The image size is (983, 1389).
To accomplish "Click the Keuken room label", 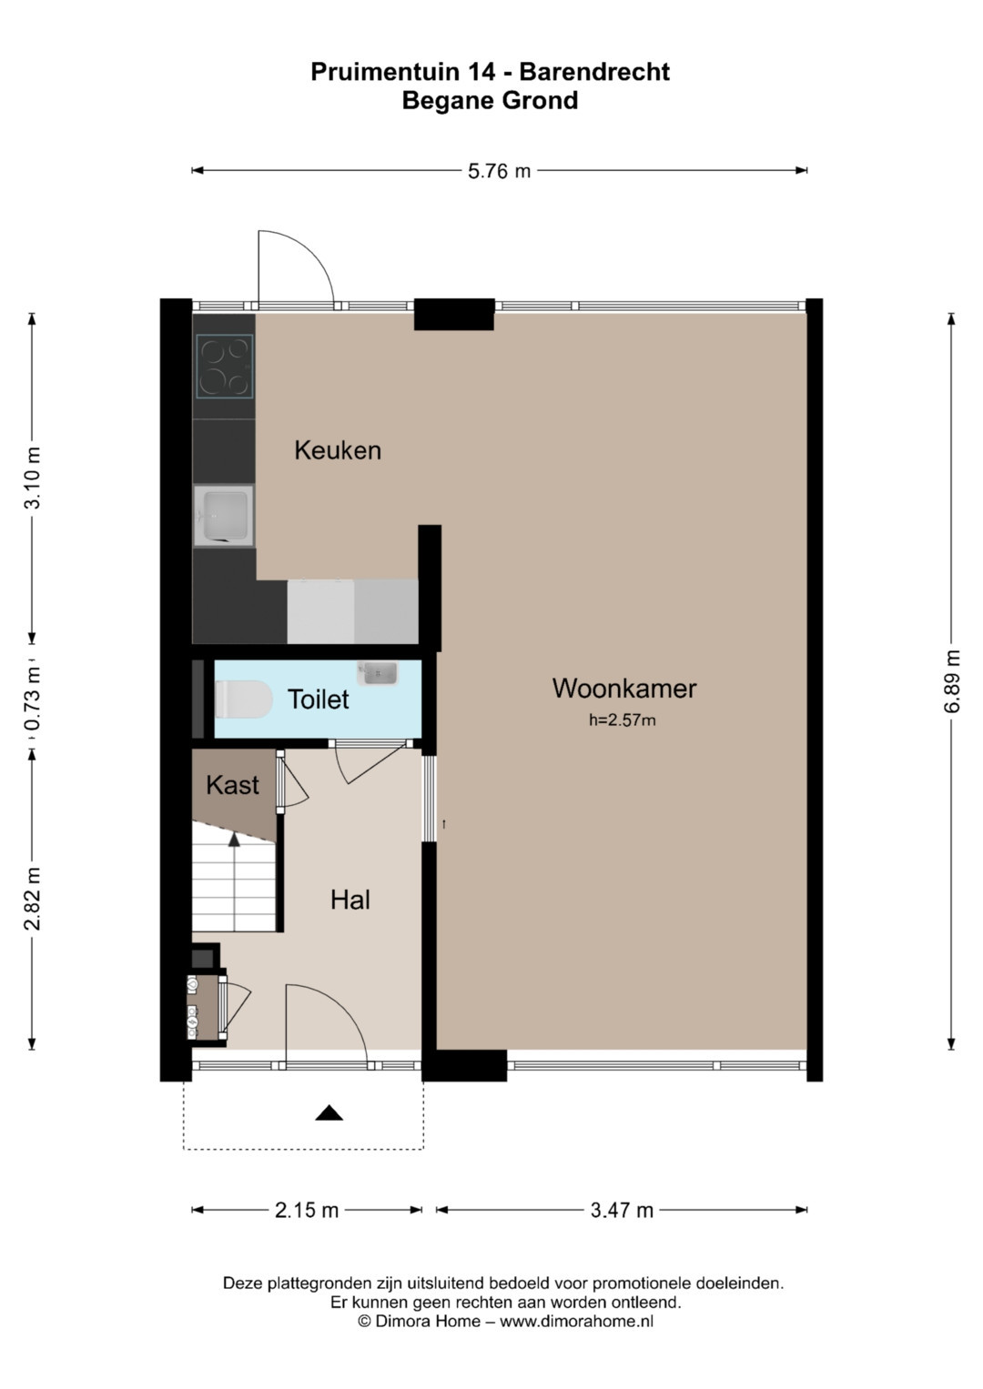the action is (x=338, y=450).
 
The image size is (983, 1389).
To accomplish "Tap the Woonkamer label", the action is (x=624, y=689).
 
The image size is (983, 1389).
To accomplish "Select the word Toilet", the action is (x=318, y=700).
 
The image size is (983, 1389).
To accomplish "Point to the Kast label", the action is (x=232, y=785).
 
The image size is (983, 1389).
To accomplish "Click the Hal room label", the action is (x=350, y=900).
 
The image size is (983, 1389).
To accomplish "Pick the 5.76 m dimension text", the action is (x=499, y=171).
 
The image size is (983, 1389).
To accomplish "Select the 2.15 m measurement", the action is (x=307, y=1210).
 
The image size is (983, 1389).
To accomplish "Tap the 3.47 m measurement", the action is (x=622, y=1210).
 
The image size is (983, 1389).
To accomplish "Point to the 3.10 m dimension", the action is (x=32, y=478).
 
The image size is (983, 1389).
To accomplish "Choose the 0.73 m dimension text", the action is (x=32, y=699).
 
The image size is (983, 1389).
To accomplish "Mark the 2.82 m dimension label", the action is (x=32, y=899).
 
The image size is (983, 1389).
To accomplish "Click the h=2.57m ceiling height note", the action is (x=623, y=720).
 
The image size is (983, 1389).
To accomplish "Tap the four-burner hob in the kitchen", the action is (x=225, y=366).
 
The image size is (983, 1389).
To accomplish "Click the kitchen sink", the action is (x=223, y=516).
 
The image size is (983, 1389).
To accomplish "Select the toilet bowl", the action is (x=243, y=700).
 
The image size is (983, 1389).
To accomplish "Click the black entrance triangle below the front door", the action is (x=329, y=1113).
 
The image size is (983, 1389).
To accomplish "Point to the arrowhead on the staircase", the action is (x=234, y=840).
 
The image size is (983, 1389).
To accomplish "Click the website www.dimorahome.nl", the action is (x=576, y=1322).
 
